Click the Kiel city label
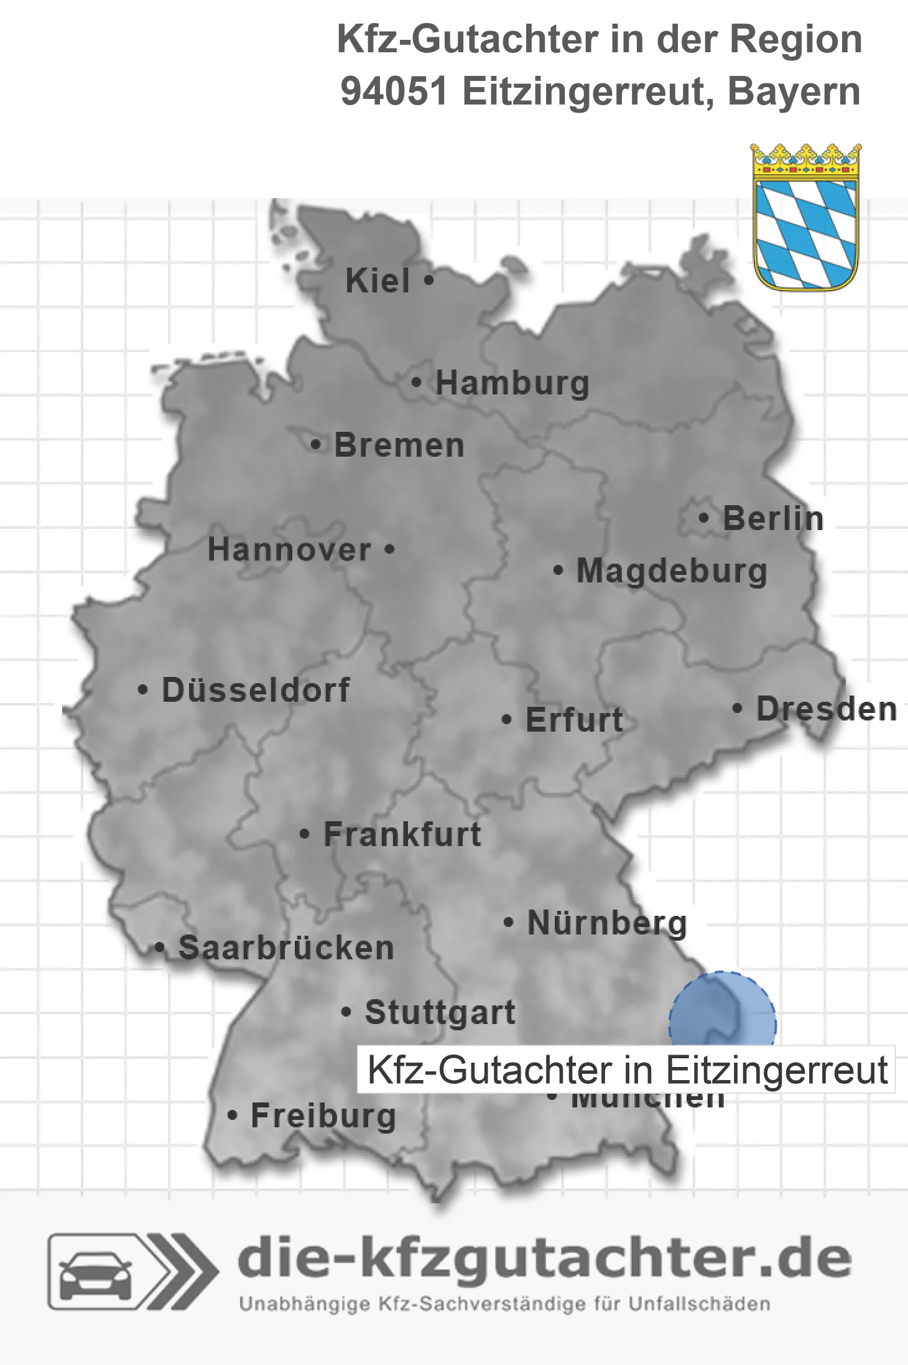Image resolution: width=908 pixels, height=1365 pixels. (378, 281)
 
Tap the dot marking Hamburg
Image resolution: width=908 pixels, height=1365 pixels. (417, 383)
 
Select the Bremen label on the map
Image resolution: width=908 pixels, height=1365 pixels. (399, 445)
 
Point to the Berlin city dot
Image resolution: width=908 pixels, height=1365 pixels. (704, 518)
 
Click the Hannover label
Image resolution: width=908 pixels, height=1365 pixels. (289, 549)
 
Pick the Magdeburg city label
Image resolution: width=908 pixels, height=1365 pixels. (672, 571)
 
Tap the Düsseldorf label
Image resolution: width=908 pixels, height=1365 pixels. (256, 690)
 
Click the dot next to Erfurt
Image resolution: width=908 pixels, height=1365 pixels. (507, 720)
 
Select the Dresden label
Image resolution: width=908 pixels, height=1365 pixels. (827, 709)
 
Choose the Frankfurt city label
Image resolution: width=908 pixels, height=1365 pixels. (402, 834)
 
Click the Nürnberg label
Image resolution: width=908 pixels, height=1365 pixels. (607, 923)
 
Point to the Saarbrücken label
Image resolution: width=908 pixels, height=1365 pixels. (286, 948)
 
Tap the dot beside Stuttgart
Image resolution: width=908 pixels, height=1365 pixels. (347, 1012)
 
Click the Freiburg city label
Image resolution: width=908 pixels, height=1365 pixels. (323, 1116)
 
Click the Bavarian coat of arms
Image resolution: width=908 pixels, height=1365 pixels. (806, 217)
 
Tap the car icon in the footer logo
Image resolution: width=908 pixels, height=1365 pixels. (95, 1272)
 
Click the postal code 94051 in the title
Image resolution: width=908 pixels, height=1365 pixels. (394, 91)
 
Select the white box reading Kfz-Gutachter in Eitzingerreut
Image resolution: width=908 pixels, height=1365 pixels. (626, 1069)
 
